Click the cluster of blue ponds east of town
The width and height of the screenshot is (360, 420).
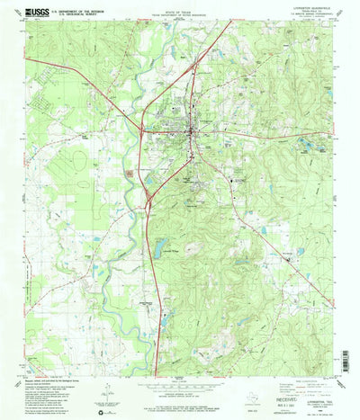[x=311, y=144]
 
